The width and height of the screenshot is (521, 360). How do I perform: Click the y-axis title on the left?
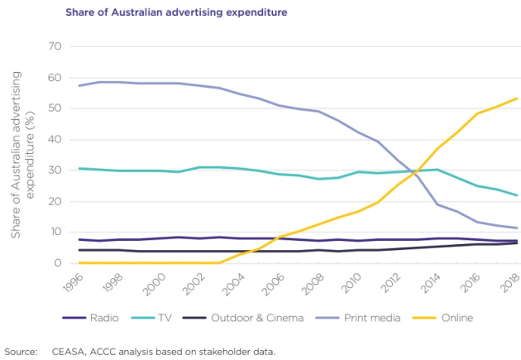22,155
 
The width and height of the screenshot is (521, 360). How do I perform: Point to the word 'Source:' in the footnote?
21,351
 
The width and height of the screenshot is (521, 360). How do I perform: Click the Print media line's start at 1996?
79,85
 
